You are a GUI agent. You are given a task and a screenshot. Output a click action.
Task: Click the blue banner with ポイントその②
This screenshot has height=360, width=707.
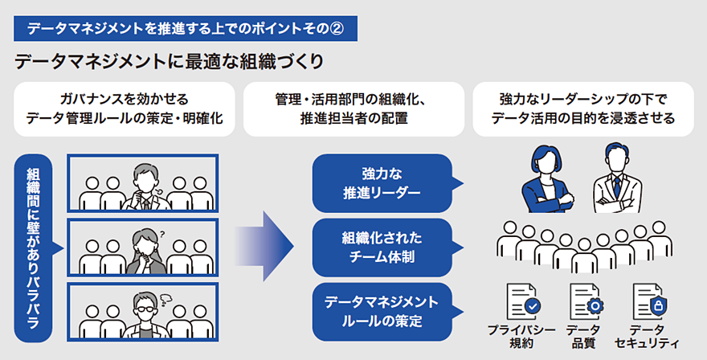pyautogui.click(x=185, y=29)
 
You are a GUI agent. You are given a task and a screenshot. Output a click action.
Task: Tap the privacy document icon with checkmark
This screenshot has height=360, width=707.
pyautogui.click(x=521, y=303)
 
